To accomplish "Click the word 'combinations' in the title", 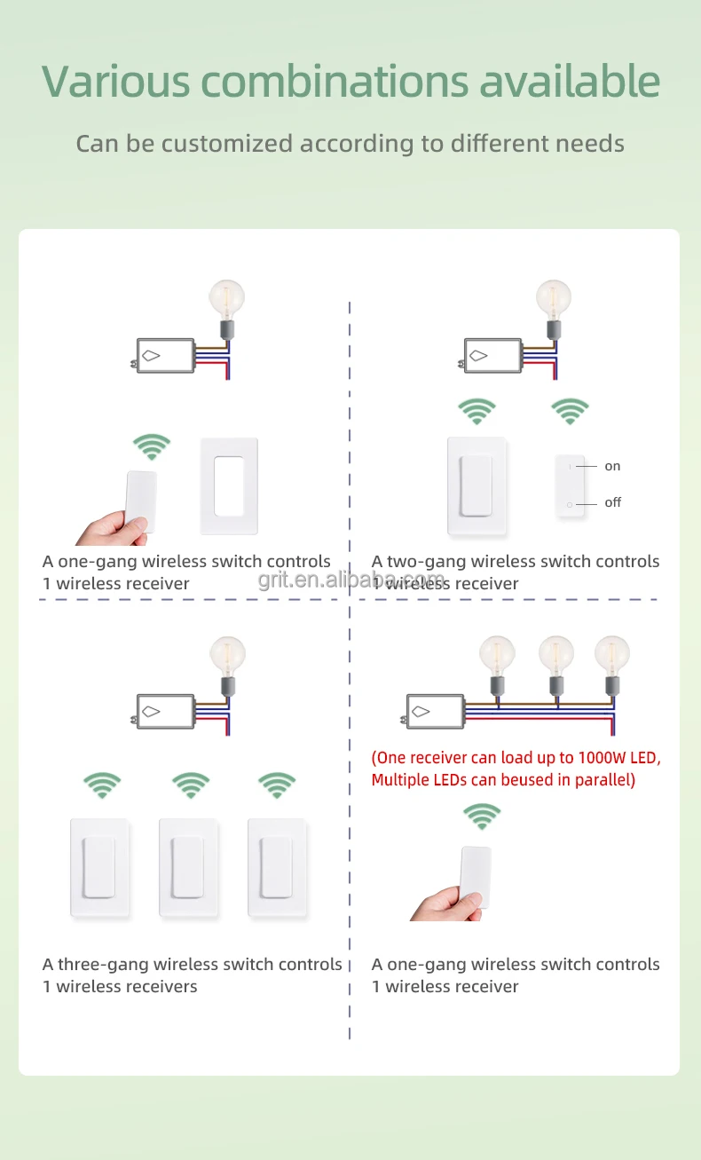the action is [x=335, y=82].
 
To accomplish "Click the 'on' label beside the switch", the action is [x=612, y=466].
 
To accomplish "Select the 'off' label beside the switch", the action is [x=613, y=502].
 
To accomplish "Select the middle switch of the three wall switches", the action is [x=188, y=868].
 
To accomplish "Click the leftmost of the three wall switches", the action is [x=100, y=868].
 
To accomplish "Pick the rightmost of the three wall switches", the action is [x=278, y=868].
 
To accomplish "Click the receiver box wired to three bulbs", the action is [x=434, y=712].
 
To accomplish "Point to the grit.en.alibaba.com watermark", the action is [x=351, y=580].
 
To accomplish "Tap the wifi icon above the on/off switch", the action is [x=570, y=411].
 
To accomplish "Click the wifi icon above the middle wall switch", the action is [x=191, y=785].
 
